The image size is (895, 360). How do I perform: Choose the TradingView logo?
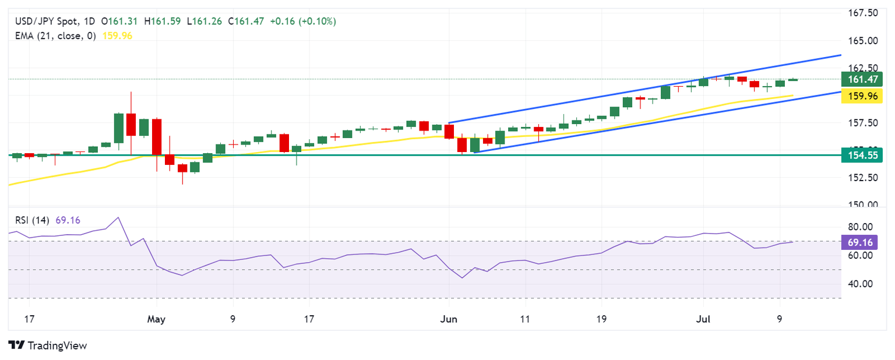[48, 345]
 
